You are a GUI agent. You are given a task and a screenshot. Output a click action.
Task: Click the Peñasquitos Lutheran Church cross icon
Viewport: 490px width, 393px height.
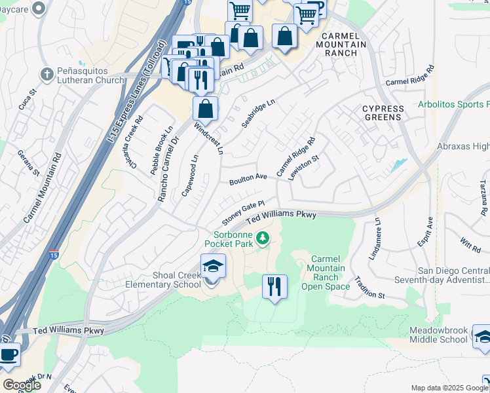pyautogui.click(x=47, y=74)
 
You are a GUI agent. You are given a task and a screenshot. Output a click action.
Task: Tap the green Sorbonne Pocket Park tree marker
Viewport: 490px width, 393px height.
pyautogui.click(x=263, y=238)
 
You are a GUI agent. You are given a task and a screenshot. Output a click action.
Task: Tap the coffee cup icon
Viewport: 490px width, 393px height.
pyautogui.click(x=9, y=355)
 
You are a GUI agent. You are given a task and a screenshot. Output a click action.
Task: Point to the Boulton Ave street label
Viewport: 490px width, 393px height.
pyautogui.click(x=248, y=179)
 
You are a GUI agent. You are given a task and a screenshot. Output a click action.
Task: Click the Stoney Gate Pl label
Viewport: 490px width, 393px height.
pyautogui.click(x=242, y=212)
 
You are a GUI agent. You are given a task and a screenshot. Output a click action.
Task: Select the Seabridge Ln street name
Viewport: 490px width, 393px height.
pyautogui.click(x=259, y=114)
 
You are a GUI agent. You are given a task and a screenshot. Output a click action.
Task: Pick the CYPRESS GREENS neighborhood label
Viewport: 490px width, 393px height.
pyautogui.click(x=383, y=112)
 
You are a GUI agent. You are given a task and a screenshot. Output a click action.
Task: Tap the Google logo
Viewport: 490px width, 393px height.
pyautogui.click(x=22, y=385)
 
